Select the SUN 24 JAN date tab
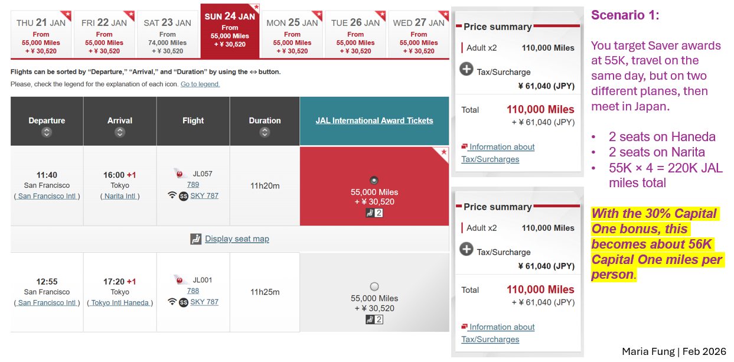point(230,31)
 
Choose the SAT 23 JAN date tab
point(167,34)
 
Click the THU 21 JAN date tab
point(41,34)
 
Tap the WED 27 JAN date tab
point(419,34)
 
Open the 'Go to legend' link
point(200,84)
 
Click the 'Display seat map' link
point(237,239)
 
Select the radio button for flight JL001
point(374,286)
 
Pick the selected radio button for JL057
point(374,180)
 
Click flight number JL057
point(203,174)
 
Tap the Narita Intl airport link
point(120,196)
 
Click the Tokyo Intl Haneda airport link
point(120,303)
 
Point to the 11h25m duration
point(265,292)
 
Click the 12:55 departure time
point(47,281)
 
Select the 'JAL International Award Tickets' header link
point(374,120)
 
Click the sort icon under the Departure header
point(47,132)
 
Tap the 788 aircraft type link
point(193,291)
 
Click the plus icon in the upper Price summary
point(467,69)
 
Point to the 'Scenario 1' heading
point(625,15)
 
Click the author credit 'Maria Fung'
point(648,351)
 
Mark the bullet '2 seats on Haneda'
point(662,137)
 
